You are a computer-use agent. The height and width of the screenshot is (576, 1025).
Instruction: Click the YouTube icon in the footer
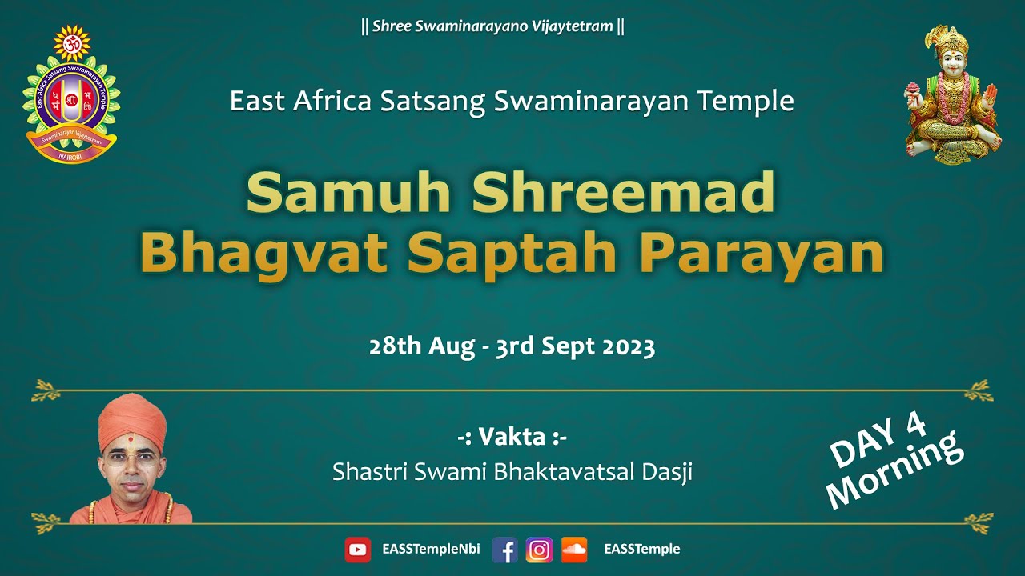tap(357, 550)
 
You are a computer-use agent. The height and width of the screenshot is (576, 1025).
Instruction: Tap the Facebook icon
tap(504, 550)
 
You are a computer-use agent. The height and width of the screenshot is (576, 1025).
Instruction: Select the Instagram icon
tap(539, 550)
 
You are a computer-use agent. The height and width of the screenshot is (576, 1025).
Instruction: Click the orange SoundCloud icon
tap(574, 550)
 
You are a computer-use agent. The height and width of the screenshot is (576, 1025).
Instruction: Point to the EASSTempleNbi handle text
tap(431, 550)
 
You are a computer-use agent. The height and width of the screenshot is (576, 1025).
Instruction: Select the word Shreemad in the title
tap(624, 194)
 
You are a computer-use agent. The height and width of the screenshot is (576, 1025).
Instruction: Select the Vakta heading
tap(512, 438)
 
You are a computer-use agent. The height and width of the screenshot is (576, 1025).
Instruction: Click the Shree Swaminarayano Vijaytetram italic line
tap(492, 26)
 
